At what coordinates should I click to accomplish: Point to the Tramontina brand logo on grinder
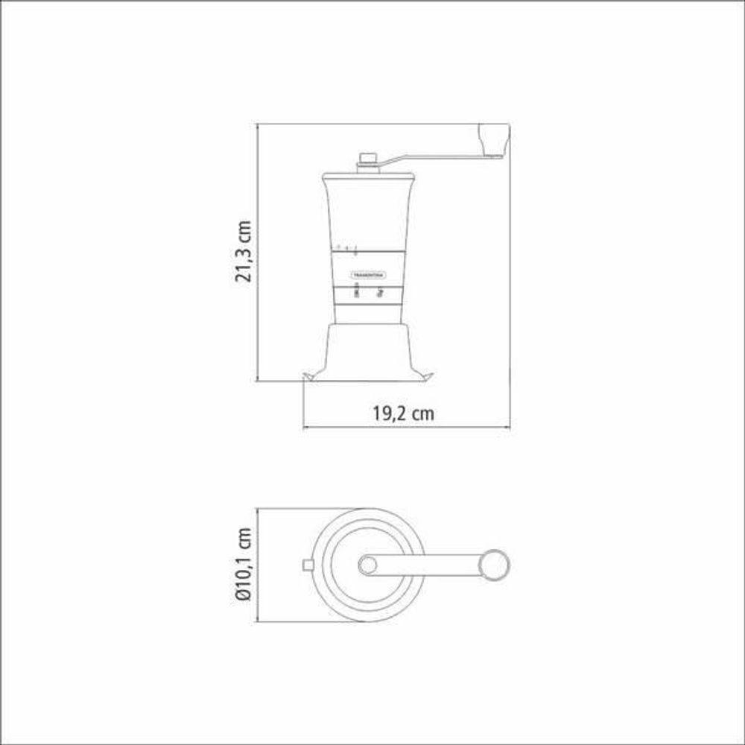click(x=368, y=273)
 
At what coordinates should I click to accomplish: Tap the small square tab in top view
click(x=306, y=565)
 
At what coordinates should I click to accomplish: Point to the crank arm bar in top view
click(x=428, y=565)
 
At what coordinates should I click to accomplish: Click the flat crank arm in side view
click(x=432, y=157)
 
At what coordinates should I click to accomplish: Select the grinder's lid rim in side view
click(x=368, y=178)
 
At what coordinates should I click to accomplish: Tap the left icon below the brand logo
click(x=356, y=291)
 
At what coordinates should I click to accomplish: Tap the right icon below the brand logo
click(x=380, y=291)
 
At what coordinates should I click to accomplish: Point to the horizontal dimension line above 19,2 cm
click(x=406, y=428)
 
